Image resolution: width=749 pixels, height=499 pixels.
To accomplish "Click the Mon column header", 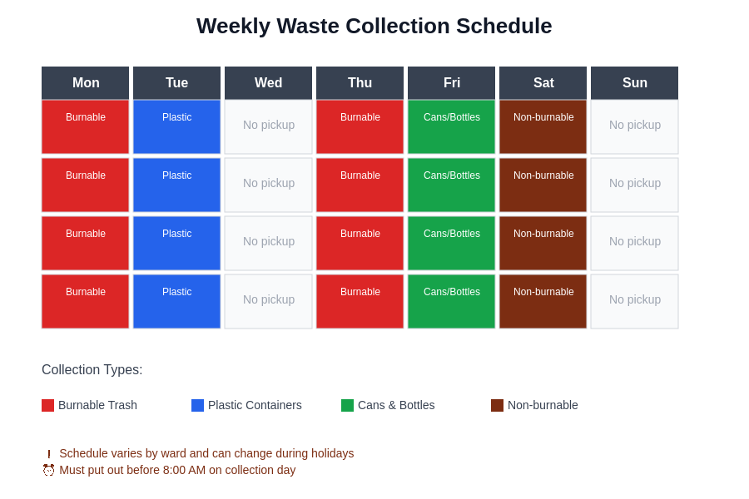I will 85,83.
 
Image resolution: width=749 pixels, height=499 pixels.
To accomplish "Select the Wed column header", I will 268,83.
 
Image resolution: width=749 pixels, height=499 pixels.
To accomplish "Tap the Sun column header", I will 634,83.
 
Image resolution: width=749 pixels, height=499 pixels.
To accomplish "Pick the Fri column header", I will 451,83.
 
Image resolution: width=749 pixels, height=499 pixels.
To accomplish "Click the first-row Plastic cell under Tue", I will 176,126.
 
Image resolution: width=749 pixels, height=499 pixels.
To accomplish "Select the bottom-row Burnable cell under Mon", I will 85,301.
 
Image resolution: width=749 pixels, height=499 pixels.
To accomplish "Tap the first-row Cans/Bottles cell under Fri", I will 451,126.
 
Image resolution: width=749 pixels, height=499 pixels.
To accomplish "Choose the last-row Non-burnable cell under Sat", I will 543,301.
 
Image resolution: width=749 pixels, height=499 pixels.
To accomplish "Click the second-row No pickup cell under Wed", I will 268,185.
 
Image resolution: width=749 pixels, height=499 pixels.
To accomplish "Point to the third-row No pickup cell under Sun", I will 634,243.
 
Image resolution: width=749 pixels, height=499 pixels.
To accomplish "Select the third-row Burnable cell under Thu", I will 360,243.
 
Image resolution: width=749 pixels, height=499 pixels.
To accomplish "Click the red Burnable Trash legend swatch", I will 47,405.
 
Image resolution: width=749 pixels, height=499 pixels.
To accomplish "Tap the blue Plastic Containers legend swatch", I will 197,405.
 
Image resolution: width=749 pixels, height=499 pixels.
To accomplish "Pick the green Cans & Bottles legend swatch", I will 347,405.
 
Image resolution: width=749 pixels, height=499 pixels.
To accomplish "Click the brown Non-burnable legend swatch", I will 497,405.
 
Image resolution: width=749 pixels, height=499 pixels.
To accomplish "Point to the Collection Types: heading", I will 92,370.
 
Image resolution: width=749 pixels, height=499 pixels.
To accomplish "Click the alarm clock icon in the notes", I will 48,470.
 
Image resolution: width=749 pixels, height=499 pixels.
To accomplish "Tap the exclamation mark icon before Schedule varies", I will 48,454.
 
